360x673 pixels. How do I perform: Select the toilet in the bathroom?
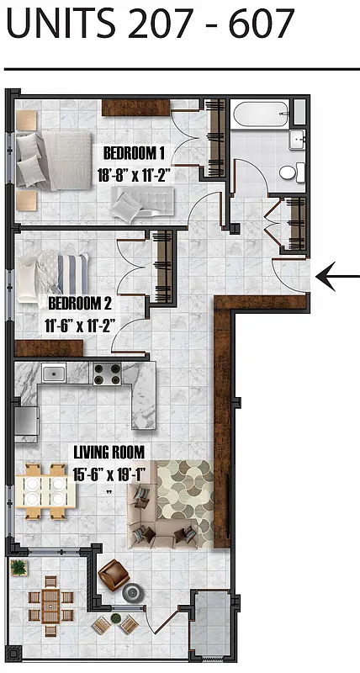click(288, 172)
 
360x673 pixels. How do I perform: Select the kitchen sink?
click(55, 373)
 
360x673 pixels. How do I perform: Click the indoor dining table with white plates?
click(45, 490)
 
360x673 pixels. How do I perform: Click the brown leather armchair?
click(113, 575)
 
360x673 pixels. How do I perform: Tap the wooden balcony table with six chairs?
click(50, 602)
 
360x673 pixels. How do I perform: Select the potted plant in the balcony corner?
click(19, 568)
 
